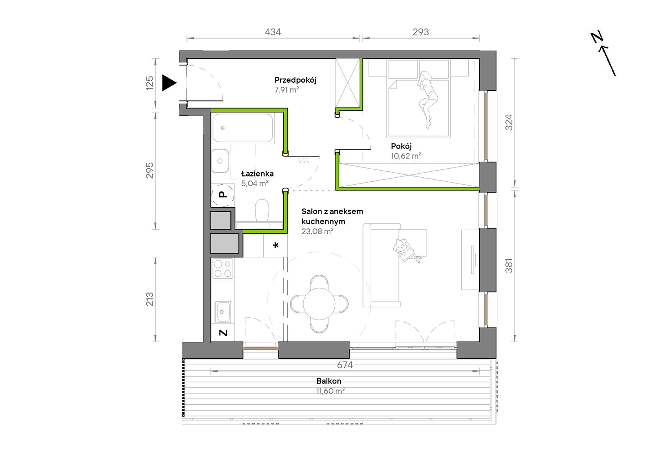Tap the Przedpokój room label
(295, 80)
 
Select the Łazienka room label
(257, 173)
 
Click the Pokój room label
(401, 146)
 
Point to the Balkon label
(329, 381)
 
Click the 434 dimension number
(273, 32)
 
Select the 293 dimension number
(421, 32)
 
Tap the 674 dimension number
(345, 365)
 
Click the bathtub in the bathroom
(243, 128)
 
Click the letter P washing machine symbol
(222, 195)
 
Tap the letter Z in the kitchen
(223, 333)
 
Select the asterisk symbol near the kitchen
(276, 245)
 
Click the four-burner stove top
(223, 268)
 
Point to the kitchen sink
(223, 311)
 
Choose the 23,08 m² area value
(317, 232)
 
